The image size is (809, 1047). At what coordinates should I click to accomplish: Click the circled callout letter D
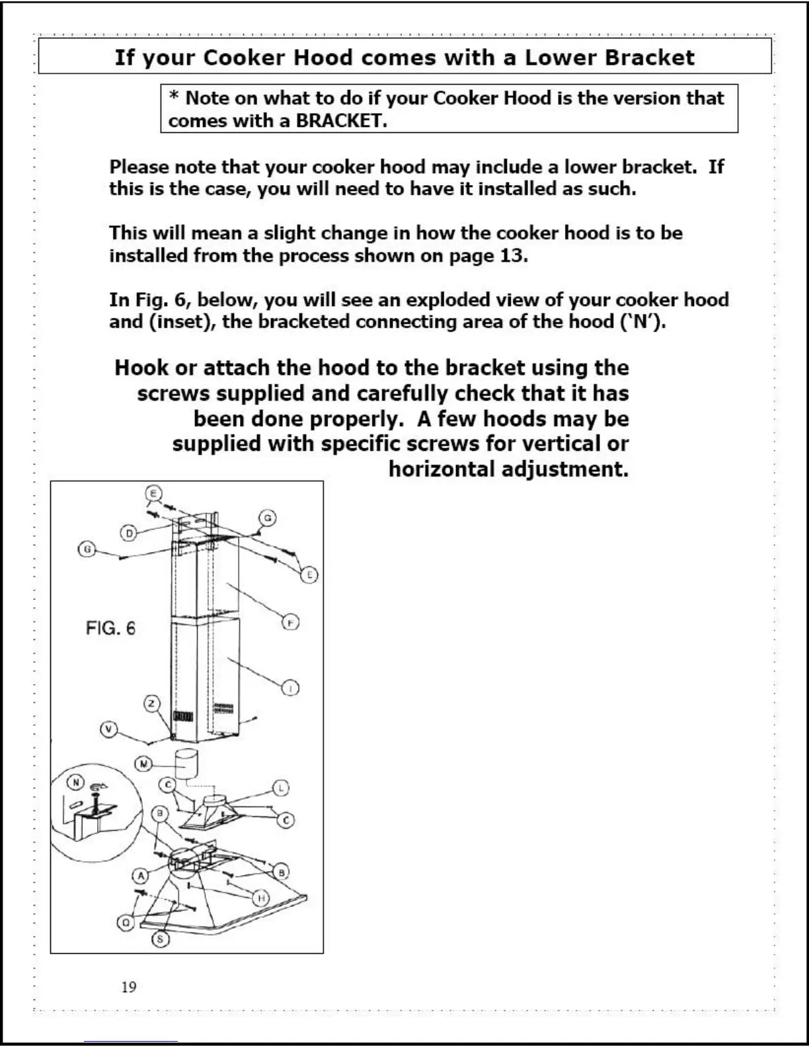pos(129,533)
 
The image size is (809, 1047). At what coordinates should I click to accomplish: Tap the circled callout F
pos(291,622)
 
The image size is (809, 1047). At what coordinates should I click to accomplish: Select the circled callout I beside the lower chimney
pos(291,688)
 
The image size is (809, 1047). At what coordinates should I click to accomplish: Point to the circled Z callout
pos(153,703)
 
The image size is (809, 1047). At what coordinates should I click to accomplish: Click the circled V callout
pos(108,729)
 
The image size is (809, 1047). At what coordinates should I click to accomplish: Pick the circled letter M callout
pos(143,764)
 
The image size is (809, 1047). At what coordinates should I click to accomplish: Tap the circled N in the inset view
pos(75,783)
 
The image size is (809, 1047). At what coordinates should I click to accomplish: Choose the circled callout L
pos(281,788)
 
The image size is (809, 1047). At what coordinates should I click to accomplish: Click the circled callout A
pos(140,876)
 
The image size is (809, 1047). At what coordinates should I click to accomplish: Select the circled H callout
pos(262,898)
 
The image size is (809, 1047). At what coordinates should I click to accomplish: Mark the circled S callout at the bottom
pos(160,939)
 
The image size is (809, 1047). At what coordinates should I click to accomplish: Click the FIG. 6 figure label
pos(110,628)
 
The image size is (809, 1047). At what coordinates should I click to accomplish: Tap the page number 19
pos(129,987)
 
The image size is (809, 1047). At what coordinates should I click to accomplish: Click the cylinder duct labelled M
pos(187,765)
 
